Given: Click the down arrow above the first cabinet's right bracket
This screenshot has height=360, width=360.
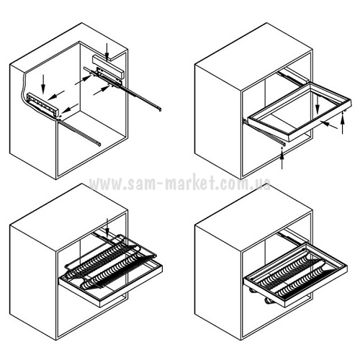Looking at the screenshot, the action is click(107, 51).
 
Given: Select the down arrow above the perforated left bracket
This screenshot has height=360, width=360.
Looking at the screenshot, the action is click(43, 84).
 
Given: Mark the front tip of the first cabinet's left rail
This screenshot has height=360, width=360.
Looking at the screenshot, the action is click(99, 144).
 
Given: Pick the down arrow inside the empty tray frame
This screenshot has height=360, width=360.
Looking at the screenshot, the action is click(318, 102).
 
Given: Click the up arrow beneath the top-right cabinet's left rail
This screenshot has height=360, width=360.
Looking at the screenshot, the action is click(282, 158).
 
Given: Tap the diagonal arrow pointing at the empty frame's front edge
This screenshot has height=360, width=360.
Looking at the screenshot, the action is click(329, 125).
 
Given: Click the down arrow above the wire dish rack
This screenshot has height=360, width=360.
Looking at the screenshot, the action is click(107, 227).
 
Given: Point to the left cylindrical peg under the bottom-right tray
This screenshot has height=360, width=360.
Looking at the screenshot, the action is click(253, 291).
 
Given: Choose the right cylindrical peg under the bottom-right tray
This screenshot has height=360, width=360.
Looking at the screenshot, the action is click(268, 301).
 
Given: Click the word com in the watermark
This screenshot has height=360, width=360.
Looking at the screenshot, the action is click(233, 184).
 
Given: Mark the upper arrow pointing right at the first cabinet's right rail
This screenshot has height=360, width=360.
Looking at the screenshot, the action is click(84, 80).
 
